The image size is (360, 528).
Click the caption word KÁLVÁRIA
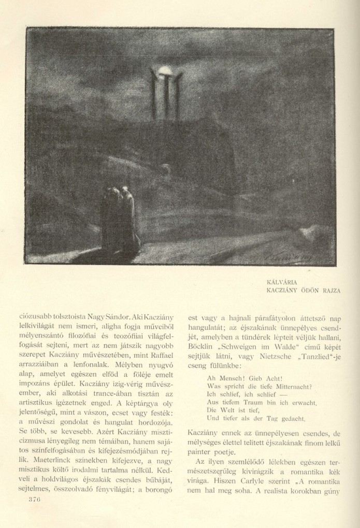coord(281,283)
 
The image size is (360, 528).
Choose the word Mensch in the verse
coord(229,378)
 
